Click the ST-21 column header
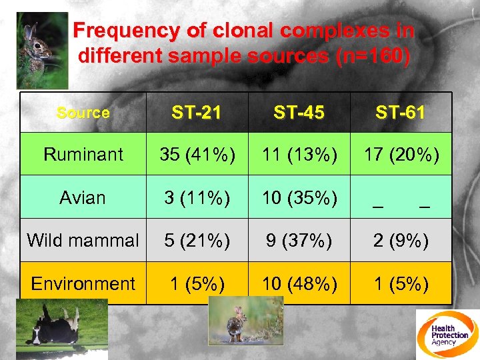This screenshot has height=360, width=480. pos(197,113)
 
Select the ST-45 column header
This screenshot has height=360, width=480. pos(299,113)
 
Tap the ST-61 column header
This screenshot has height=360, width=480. pos(400,113)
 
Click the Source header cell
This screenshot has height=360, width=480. pos(83,113)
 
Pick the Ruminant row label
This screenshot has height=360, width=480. pos(83,155)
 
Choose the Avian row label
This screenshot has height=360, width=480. pos(83,197)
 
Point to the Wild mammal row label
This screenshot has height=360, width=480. pos(83,240)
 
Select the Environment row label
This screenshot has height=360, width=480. pos(83,283)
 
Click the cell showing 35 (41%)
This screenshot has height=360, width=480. pos(197,155)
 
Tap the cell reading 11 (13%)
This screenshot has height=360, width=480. pos(299,155)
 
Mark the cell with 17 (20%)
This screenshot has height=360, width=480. pos(400,155)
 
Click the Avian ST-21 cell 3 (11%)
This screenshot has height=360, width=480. pos(197,197)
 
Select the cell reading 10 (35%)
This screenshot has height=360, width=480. pos(299,197)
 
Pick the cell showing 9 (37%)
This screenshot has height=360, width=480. pos(299,240)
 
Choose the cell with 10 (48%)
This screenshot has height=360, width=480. pos(299,283)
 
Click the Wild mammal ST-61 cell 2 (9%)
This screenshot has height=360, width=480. pos(400,240)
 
